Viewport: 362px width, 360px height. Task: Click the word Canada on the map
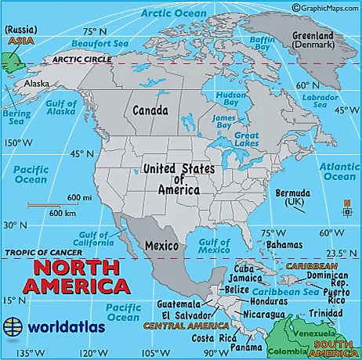[x=151, y=111]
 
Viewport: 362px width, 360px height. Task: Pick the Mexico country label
[x=161, y=246]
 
